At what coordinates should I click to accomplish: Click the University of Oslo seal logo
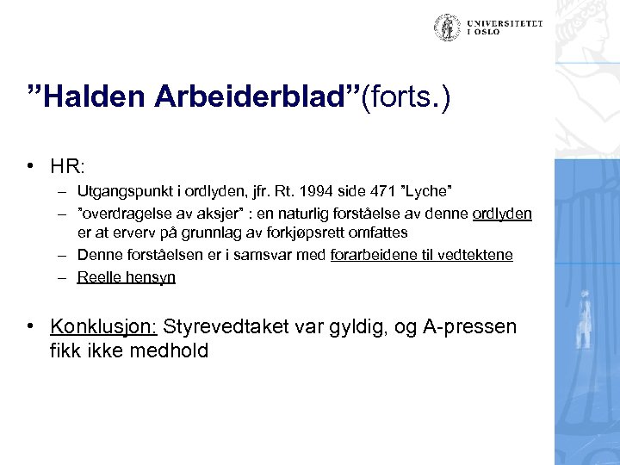pos(446,28)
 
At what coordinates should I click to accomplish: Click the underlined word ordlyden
pos(502,212)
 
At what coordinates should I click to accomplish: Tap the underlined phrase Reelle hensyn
pos(126,276)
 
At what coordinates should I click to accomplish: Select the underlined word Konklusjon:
pos(104,327)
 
